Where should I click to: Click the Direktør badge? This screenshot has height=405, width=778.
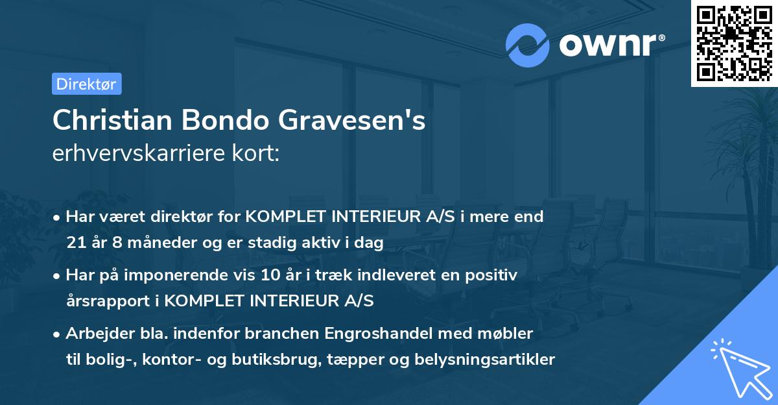coord(86,84)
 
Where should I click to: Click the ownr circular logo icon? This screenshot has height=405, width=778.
coord(528,45)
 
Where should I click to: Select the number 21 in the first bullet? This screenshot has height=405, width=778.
coord(75,243)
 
